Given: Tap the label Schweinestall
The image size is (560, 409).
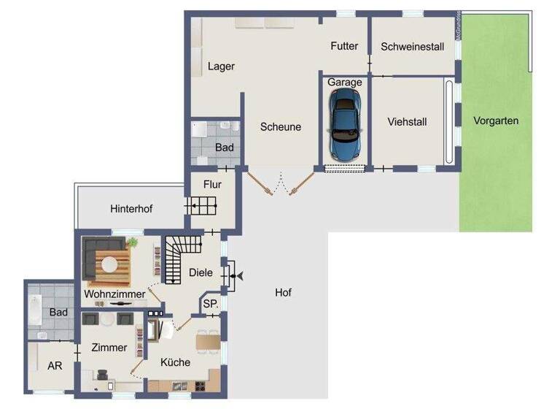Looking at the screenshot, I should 412,47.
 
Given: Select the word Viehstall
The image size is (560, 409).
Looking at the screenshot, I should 407,122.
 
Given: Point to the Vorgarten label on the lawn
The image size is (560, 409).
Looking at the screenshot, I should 495,121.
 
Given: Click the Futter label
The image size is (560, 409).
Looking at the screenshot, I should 344,46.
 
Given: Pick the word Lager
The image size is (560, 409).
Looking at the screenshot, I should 221,66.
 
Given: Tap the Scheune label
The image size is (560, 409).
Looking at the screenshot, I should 281,126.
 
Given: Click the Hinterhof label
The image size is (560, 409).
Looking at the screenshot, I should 131,209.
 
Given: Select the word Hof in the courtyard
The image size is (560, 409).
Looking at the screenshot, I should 283,293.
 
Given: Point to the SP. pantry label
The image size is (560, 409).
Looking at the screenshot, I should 211,303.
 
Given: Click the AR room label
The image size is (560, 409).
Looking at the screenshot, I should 55,366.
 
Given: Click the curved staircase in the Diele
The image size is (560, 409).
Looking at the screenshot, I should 174,259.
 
